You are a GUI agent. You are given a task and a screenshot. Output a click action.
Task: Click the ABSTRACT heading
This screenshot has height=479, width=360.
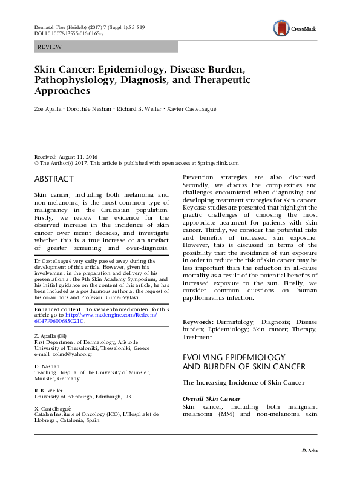pyautogui.click(x=54, y=179)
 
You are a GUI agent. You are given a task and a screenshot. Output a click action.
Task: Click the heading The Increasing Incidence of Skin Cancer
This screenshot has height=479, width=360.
pyautogui.click(x=243, y=383)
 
